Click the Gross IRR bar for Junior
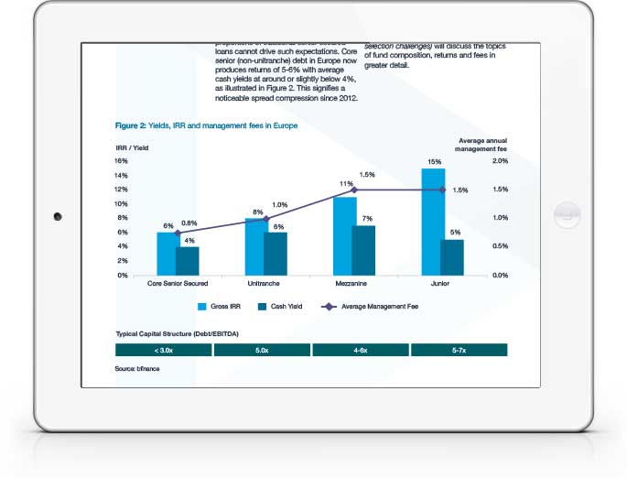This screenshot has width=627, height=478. coord(433,222)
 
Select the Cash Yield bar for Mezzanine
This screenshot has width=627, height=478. coord(363,250)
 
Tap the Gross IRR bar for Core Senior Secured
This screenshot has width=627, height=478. coord(168,254)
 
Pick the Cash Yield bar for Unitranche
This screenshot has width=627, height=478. coord(276,254)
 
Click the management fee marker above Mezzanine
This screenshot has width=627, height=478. coord(354,190)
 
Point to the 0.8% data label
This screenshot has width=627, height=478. coord(189,223)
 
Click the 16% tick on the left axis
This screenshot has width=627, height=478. coord(121,160)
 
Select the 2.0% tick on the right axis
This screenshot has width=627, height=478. coord(499,160)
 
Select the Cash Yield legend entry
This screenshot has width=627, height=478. coord(283,308)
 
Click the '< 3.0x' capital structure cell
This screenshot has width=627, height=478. coord(163,350)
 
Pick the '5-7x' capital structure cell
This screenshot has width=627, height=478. coord(459,350)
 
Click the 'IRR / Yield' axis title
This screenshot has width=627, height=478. coord(133,147)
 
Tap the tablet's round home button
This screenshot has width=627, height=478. coord(567,215)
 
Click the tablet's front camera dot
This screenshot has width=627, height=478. coord(58,216)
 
